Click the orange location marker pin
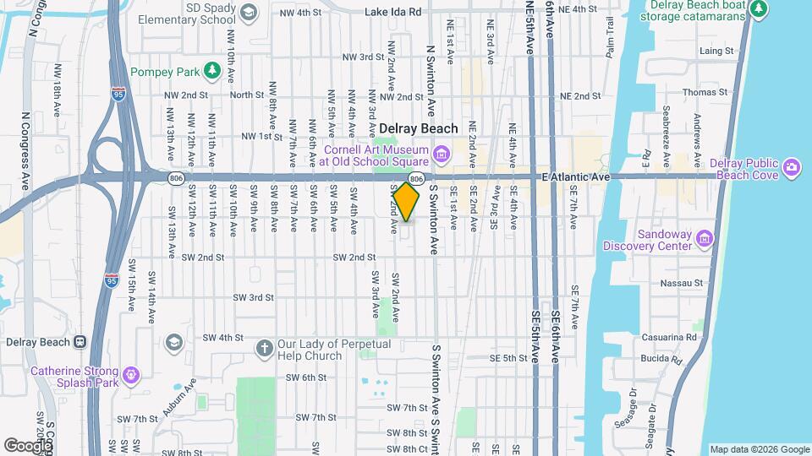[407, 201]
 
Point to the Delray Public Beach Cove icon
[791, 166]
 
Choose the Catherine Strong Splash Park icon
[131, 372]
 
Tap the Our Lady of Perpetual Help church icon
[264, 349]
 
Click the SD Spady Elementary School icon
[249, 12]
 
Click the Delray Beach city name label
[418, 128]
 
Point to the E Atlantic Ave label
[574, 177]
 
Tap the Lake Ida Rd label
[392, 12]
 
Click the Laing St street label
[716, 51]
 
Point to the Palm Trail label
[609, 42]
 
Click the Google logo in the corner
[27, 445]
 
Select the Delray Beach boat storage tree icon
[759, 8]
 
